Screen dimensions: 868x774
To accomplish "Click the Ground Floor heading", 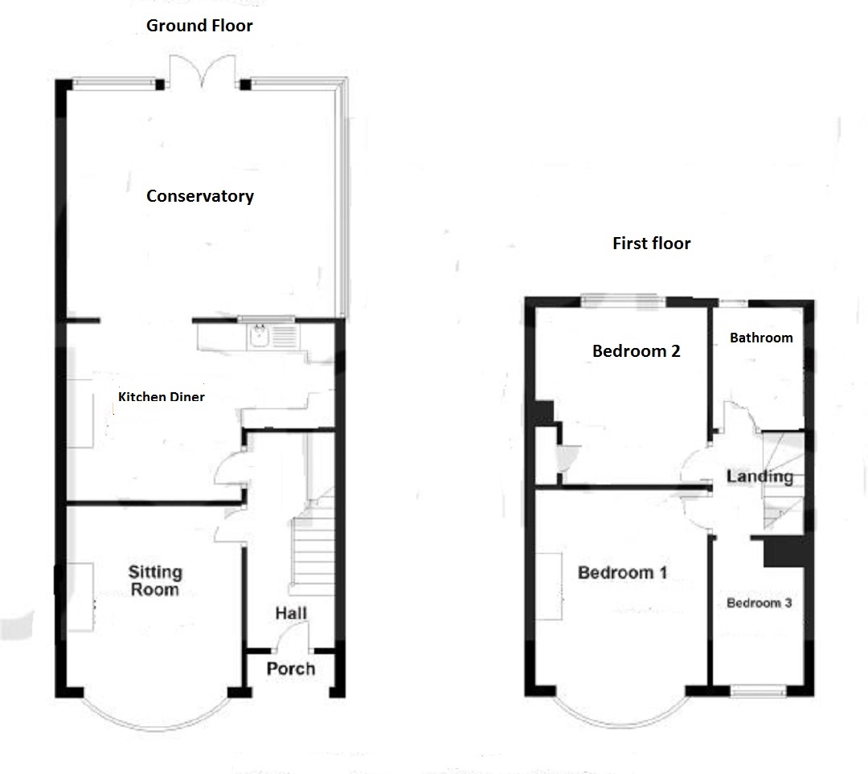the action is pyautogui.click(x=199, y=26).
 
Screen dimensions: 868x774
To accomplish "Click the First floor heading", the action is pyautogui.click(x=652, y=243).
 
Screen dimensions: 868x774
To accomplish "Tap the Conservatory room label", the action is pyautogui.click(x=200, y=196).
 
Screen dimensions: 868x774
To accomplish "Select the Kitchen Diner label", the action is pyautogui.click(x=161, y=396).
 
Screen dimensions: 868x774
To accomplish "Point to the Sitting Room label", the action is pyautogui.click(x=155, y=580).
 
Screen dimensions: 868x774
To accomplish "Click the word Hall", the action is pyautogui.click(x=291, y=613).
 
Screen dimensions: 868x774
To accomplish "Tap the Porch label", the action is pyautogui.click(x=291, y=668).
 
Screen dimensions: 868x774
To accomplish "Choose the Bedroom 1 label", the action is pyautogui.click(x=622, y=572).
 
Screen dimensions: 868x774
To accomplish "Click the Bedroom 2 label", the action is pyautogui.click(x=636, y=351).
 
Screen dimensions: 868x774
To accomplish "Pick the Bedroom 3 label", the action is pyautogui.click(x=759, y=603).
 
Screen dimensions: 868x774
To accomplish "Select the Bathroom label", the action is pyautogui.click(x=761, y=338).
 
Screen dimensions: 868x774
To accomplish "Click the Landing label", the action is pyautogui.click(x=759, y=477).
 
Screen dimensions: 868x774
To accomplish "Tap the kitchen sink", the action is pyautogui.click(x=258, y=336).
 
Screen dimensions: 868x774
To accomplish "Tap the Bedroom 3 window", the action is pyautogui.click(x=758, y=690).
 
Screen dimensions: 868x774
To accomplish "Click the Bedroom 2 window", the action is pyautogui.click(x=624, y=301).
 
